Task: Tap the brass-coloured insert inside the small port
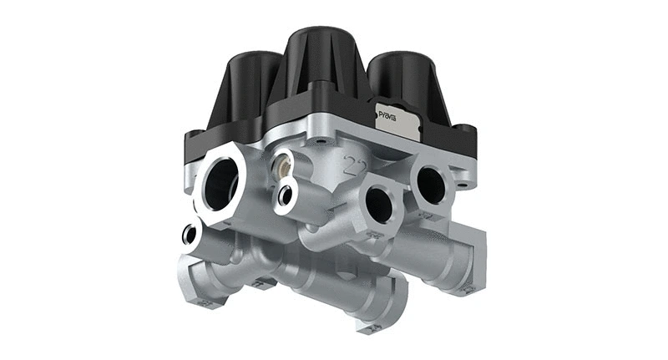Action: (282, 165)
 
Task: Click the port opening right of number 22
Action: (379, 203)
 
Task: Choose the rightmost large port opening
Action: (432, 183)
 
